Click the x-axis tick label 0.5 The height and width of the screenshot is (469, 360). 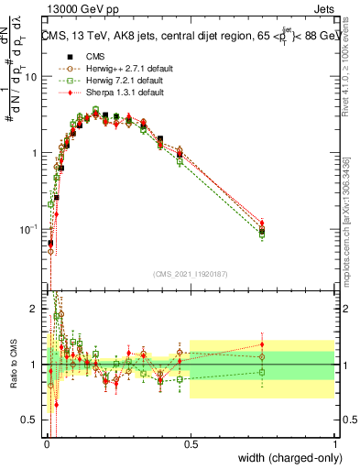point(191,442)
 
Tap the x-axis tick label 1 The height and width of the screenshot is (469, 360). point(335,442)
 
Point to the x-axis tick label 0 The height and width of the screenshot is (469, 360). point(48,442)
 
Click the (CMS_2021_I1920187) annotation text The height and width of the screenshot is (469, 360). point(191,272)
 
